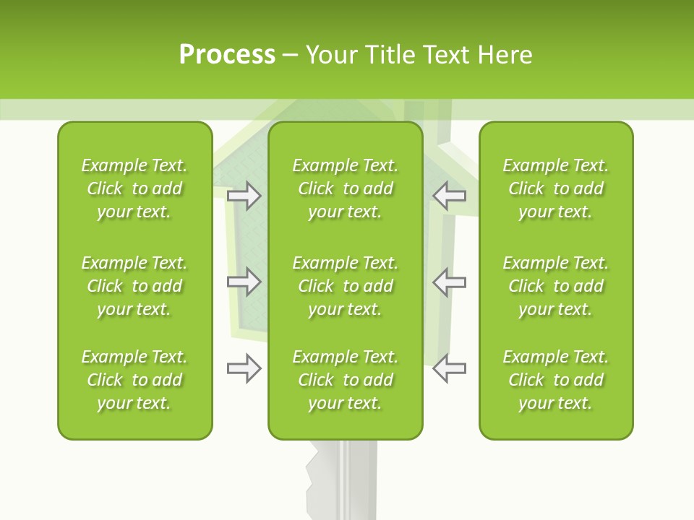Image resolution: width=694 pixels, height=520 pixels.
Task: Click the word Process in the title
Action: (x=227, y=55)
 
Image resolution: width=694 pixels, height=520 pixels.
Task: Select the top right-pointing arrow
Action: (x=244, y=196)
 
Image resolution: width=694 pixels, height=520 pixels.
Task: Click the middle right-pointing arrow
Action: (x=244, y=282)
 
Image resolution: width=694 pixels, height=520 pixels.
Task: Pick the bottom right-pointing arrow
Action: (x=244, y=368)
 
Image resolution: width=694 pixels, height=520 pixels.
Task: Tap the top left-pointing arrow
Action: (x=449, y=196)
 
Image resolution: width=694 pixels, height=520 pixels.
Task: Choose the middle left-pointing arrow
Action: (x=449, y=282)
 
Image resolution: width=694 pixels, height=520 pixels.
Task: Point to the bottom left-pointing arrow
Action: (x=449, y=368)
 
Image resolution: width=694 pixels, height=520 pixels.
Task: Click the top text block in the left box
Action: (x=134, y=188)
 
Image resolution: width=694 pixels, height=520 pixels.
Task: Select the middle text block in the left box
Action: (x=134, y=286)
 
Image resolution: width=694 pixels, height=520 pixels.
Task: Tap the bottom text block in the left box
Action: (x=134, y=380)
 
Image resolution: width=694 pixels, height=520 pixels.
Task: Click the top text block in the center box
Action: (x=346, y=188)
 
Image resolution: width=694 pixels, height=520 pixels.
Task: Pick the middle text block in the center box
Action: (x=346, y=286)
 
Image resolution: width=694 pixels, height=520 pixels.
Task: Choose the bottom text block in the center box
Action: (x=346, y=380)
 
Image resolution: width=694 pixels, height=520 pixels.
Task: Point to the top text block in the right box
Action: (x=556, y=188)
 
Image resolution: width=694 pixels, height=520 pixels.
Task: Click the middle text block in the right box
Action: (x=556, y=286)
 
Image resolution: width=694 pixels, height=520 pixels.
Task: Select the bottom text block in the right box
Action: (x=556, y=380)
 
